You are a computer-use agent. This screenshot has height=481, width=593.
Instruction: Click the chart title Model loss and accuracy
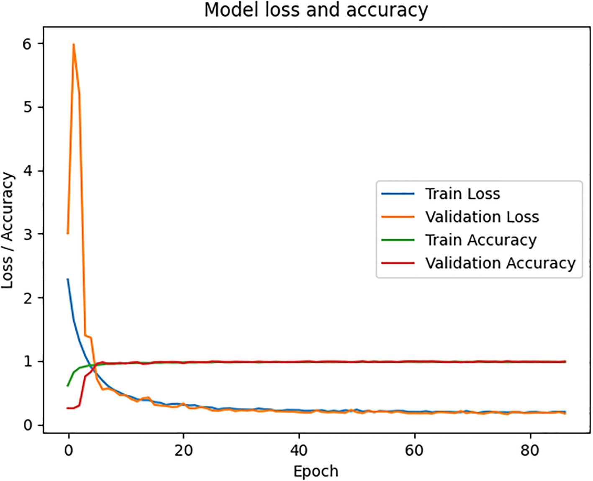tap(316, 10)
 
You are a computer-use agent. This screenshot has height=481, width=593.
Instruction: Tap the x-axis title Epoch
tap(316, 471)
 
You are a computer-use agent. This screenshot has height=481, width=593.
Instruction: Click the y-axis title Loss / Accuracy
tap(8, 230)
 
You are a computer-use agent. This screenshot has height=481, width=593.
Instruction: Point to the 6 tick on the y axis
tap(28, 43)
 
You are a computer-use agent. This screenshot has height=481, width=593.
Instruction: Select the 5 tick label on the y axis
tap(28, 107)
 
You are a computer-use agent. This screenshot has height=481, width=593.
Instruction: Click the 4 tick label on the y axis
tap(28, 171)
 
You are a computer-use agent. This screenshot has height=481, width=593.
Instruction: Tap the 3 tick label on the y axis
tap(28, 234)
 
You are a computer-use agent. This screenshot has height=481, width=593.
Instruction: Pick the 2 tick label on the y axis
tap(28, 298)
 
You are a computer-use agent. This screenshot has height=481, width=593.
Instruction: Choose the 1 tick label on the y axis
tap(28, 361)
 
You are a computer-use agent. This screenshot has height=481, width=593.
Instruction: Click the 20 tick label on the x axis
tap(183, 450)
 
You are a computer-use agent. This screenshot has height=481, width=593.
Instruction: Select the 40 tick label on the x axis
tap(299, 450)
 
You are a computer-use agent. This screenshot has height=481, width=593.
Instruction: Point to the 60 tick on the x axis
tap(414, 450)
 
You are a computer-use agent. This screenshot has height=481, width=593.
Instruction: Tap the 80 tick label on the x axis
tap(530, 450)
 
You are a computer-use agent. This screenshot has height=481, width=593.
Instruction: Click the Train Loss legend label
tap(462, 194)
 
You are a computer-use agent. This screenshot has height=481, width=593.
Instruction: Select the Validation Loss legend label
tap(482, 217)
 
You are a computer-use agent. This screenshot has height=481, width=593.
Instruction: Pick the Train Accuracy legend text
tap(481, 240)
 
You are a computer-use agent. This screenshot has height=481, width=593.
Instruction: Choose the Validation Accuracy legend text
tap(501, 263)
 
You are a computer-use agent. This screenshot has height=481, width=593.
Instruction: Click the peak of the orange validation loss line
tap(74, 44)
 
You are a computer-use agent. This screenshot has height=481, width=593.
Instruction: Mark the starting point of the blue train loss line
tap(68, 279)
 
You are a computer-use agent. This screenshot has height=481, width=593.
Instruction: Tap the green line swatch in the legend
tap(398, 240)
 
